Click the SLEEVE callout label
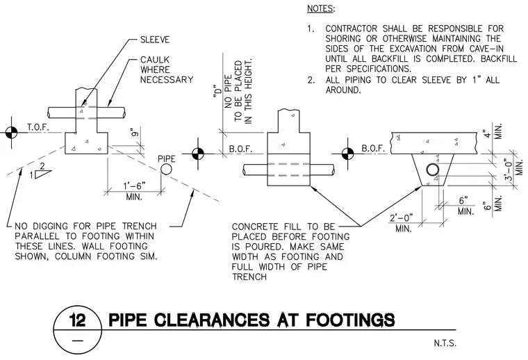pos(155,40)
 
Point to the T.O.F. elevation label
pos(38,127)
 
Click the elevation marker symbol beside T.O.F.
pos(11,132)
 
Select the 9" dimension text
pos(135,132)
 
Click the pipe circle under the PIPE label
pos(166,169)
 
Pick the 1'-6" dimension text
pos(134,186)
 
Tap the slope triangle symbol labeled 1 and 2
pos(44,174)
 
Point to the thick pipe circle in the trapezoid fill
pos(432,170)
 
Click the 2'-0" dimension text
pos(401,218)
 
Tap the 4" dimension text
pos(485,133)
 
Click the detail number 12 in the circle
pos(77,320)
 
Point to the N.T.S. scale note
pos(445,343)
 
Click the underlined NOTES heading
pos(320,9)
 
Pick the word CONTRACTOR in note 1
pos(352,28)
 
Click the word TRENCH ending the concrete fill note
pos(249,277)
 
